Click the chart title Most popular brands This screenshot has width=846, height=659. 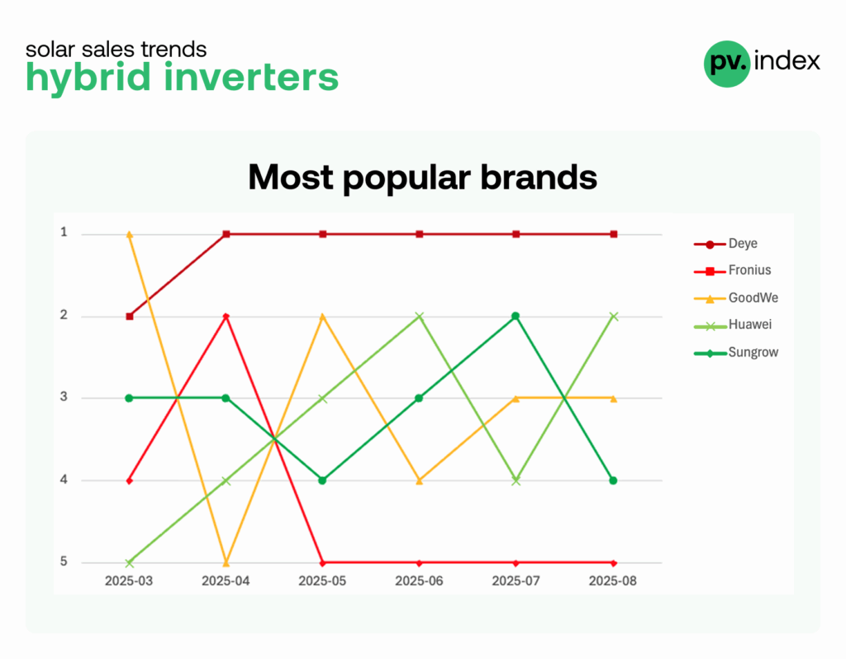422,177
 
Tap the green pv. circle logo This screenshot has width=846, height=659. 727,64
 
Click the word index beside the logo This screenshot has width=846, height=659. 787,60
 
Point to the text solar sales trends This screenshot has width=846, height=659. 116,49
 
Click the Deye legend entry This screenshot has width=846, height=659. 725,244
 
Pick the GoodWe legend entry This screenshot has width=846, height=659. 736,298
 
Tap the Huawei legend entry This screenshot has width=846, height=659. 733,325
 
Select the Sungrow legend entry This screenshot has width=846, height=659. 736,352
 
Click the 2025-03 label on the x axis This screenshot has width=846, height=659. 129,581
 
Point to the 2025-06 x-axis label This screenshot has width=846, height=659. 419,581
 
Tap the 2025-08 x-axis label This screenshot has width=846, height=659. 613,581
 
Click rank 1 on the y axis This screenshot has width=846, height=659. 64,232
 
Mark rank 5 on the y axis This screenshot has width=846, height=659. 64,561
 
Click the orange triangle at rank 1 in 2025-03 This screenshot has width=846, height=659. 130,235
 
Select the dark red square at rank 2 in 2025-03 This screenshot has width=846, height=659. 130,317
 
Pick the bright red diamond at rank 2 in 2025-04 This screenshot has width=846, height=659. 226,316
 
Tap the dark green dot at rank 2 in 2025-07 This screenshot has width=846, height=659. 516,316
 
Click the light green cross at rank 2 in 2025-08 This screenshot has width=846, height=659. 614,317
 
